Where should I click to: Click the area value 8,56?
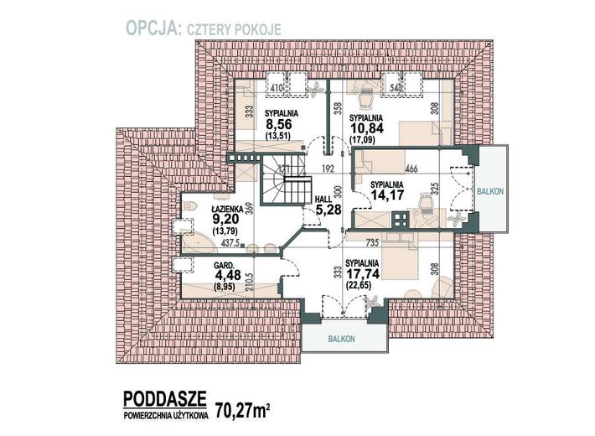click(x=279, y=122)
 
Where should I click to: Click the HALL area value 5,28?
click(x=325, y=208)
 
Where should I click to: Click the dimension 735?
click(x=373, y=242)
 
